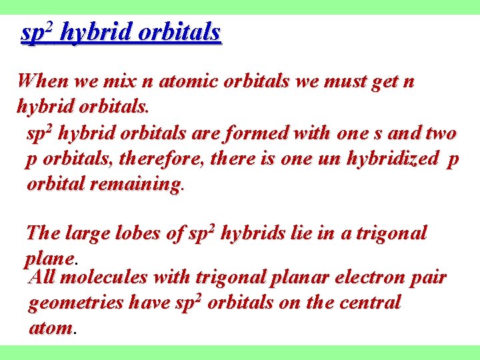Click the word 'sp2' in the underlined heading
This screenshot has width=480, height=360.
(x=37, y=32)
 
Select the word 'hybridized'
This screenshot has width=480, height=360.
(x=395, y=159)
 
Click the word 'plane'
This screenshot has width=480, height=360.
(x=49, y=259)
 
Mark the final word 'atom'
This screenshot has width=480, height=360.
(x=51, y=328)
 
